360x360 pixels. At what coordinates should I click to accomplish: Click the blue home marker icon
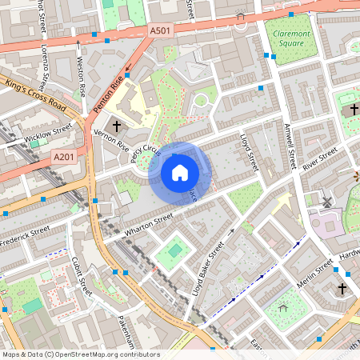180,171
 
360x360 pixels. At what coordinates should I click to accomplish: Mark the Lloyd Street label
249,152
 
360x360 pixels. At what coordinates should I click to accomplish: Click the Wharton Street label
147,226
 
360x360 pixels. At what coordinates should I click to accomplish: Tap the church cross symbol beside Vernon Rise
117,126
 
